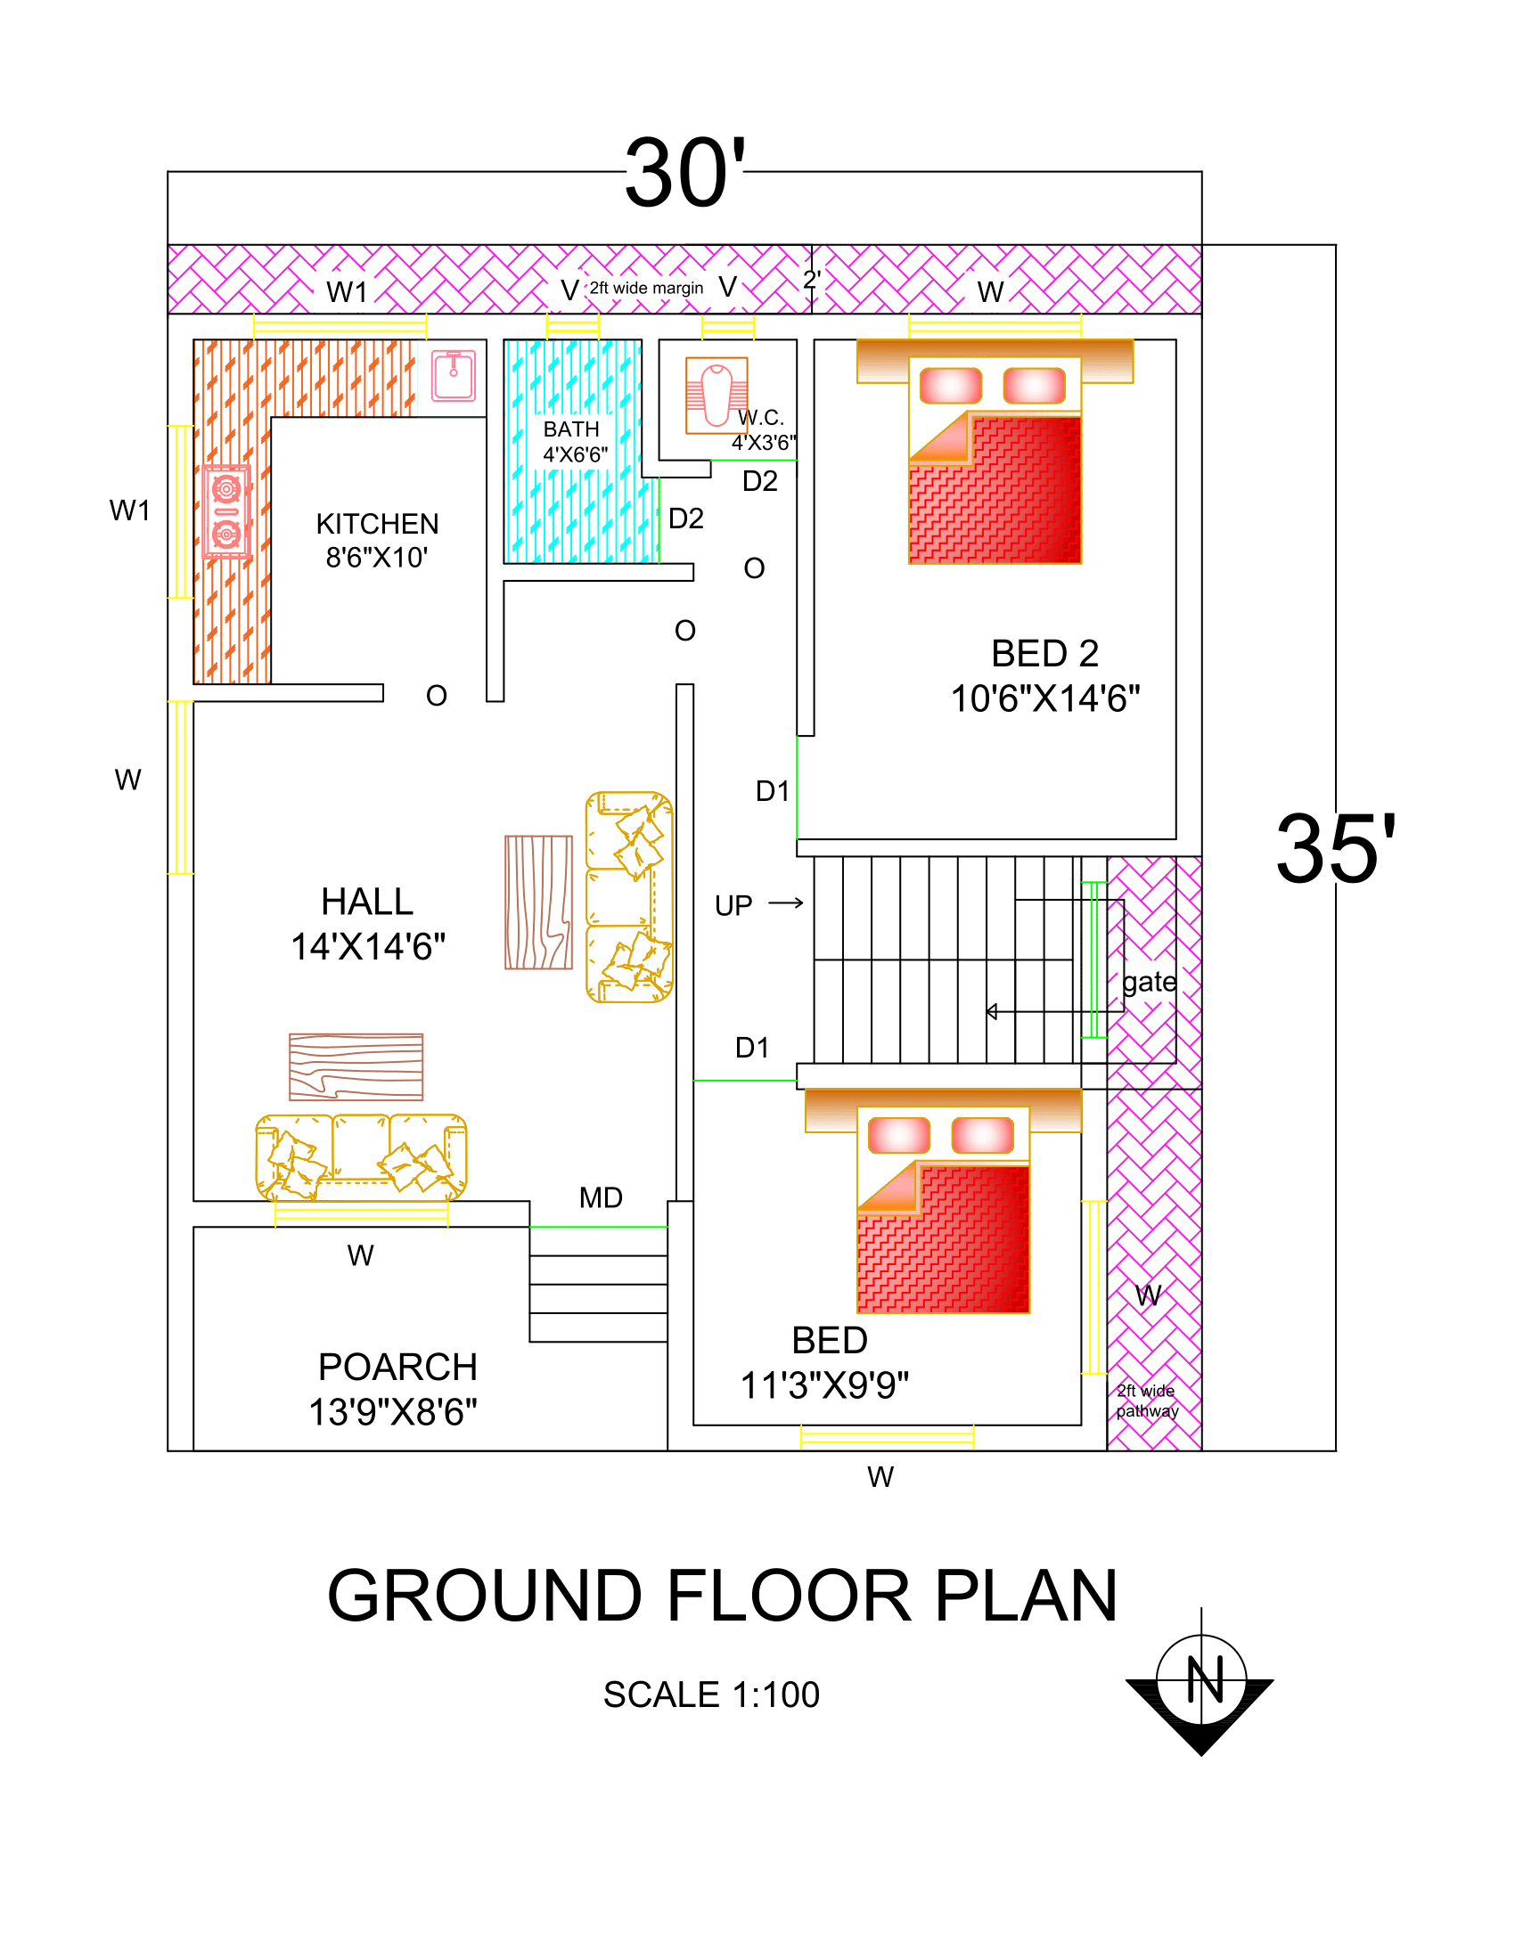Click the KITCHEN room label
[x=377, y=539]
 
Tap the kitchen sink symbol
[x=454, y=375]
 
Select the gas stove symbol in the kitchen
[x=226, y=512]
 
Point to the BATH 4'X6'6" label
[x=575, y=442]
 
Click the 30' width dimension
[x=684, y=173]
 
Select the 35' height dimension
[x=1335, y=849]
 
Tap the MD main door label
[x=601, y=1197]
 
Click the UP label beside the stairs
[x=733, y=905]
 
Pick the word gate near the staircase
[x=1149, y=982]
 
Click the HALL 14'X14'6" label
[x=368, y=924]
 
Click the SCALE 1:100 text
[x=711, y=1695]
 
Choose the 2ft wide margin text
[x=646, y=288]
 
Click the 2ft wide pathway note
[x=1147, y=1400]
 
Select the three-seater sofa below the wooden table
[x=361, y=1156]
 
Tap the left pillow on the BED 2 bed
[x=951, y=385]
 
